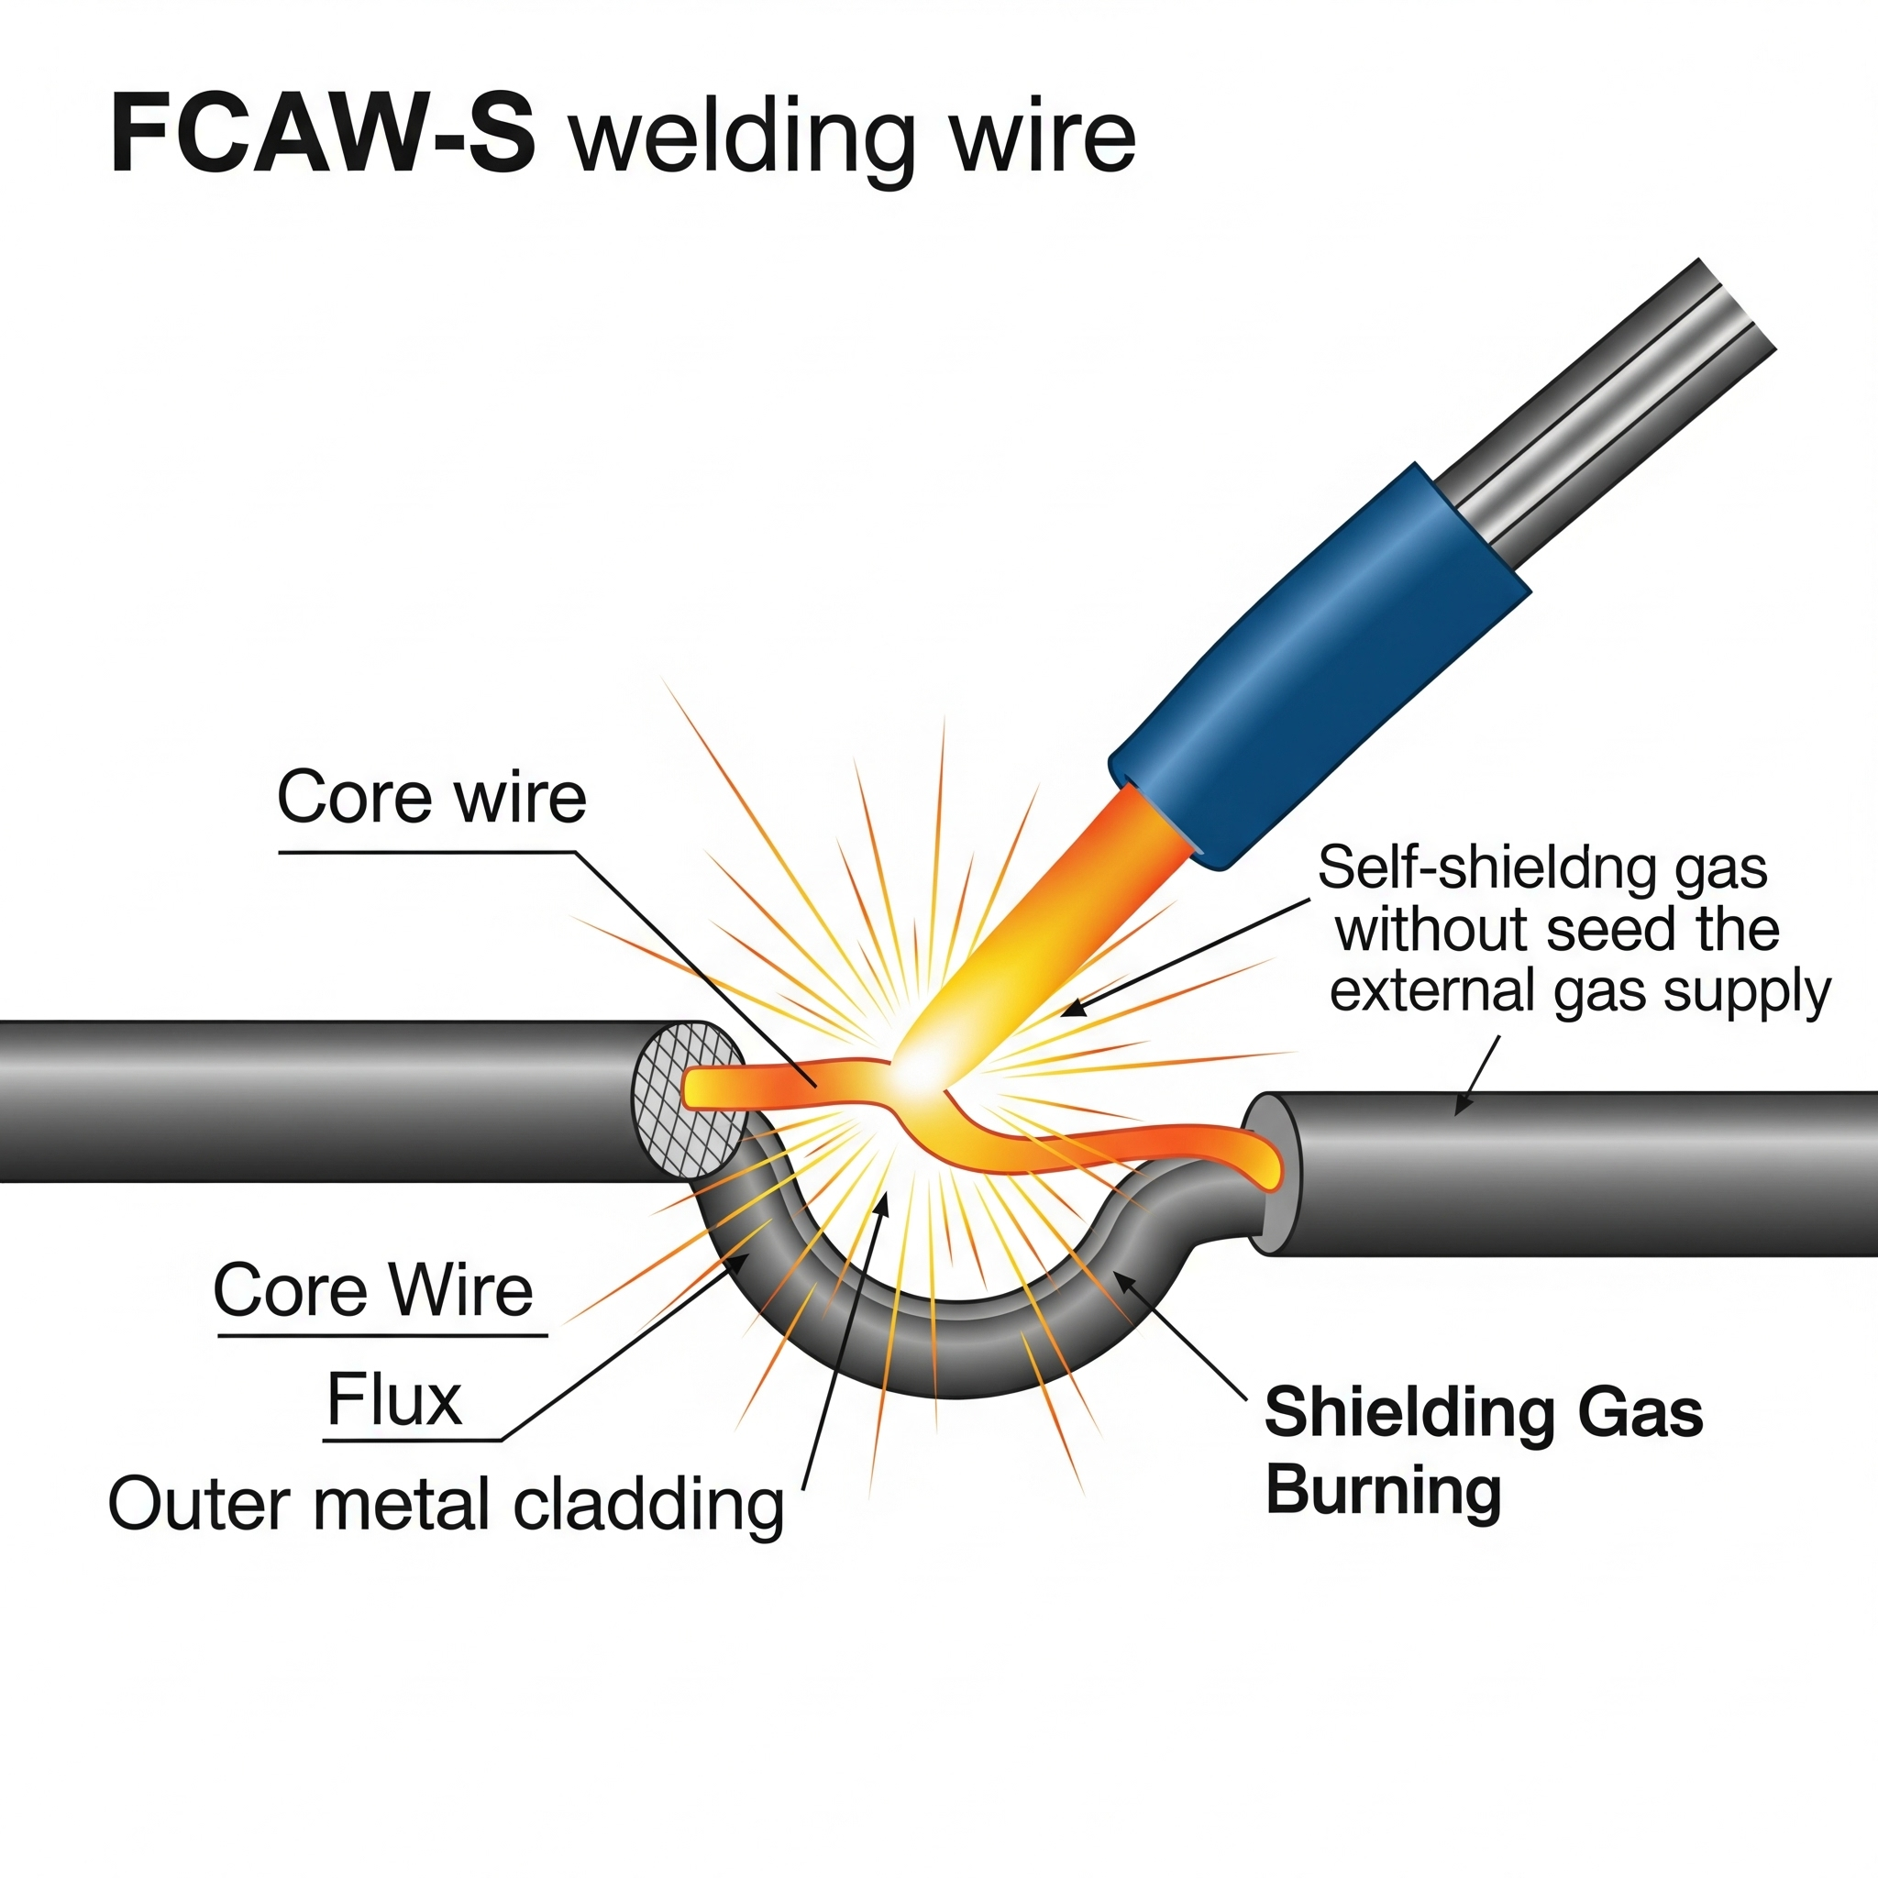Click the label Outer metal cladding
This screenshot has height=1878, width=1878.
[445, 1505]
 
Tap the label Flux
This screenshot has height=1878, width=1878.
[393, 1399]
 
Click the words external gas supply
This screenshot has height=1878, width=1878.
[1580, 991]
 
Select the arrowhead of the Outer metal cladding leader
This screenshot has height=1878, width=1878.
[884, 1201]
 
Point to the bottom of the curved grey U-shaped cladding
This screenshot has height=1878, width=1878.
[957, 1361]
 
